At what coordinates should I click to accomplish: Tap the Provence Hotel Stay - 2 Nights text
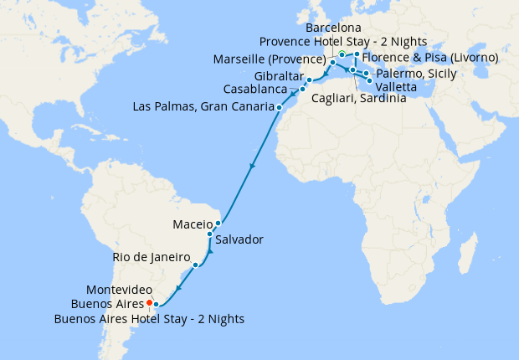coord(343,42)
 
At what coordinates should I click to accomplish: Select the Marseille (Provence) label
coord(270,59)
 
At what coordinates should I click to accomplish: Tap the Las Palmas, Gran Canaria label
coord(203,107)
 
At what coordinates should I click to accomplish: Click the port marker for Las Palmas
coord(279,107)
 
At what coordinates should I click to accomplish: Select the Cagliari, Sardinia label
coord(358,99)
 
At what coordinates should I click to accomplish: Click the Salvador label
coord(239,239)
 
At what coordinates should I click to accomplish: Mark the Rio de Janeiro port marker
coord(195,265)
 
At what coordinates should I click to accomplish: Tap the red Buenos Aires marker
coord(149,302)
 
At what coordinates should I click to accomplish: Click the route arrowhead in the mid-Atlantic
coord(252,168)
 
